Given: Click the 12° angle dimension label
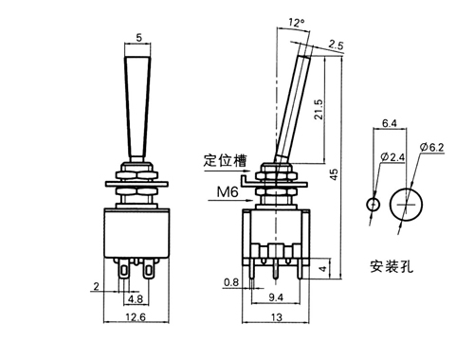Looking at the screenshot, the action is (x=297, y=23).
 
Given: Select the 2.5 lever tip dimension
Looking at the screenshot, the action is (x=336, y=45).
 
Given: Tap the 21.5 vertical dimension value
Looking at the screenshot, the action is (x=319, y=110).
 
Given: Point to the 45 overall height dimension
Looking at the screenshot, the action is (x=334, y=174).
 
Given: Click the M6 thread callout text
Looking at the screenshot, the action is (x=228, y=192).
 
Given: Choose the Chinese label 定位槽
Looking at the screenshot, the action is (x=225, y=160).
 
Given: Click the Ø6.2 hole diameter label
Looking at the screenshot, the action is (x=432, y=147).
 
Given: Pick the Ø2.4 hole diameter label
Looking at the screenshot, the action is (x=392, y=156).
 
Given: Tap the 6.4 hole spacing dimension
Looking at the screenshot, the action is (x=390, y=123).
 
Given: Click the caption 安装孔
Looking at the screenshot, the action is (x=392, y=266).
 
